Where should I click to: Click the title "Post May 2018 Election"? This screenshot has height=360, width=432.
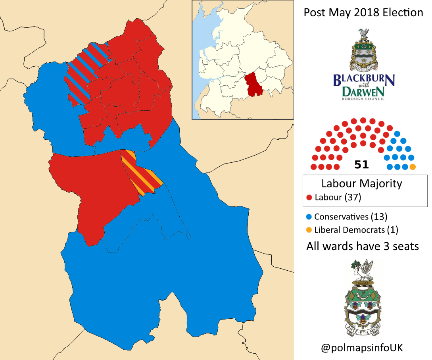click(363, 13)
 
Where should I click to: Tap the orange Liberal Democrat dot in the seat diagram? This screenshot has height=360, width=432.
click(413, 167)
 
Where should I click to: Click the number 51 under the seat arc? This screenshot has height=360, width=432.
click(362, 165)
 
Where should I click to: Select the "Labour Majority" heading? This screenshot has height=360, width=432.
click(361, 184)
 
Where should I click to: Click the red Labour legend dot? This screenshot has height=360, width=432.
click(309, 197)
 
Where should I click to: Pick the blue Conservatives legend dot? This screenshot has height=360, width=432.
click(309, 217)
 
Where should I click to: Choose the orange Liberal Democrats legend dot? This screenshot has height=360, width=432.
click(309, 229)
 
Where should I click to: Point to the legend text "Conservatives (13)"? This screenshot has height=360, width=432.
click(350, 217)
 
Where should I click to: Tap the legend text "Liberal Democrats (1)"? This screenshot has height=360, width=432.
click(356, 229)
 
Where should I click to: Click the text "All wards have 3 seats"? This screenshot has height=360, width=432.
click(362, 246)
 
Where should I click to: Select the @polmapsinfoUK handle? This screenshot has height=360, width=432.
click(362, 348)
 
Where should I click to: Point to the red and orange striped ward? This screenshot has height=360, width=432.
click(141, 175)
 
